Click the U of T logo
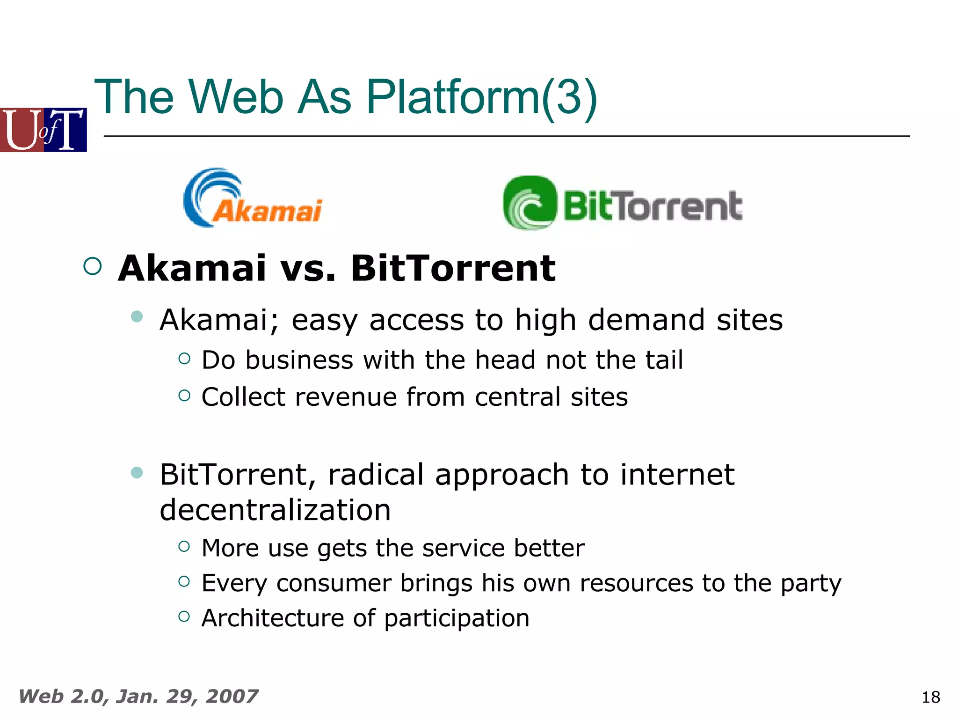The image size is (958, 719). point(43,130)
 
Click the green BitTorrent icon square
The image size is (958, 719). point(530,203)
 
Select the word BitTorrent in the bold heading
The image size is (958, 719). point(453,269)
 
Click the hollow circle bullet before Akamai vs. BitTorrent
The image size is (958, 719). point(92,266)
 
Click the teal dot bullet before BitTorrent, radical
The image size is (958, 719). point(137,472)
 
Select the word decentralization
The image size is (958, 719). point(275,510)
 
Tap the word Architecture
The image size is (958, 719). point(273,618)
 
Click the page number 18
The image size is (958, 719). point(930,697)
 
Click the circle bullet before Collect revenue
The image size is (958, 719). point(184,396)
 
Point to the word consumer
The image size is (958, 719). point(334,584)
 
